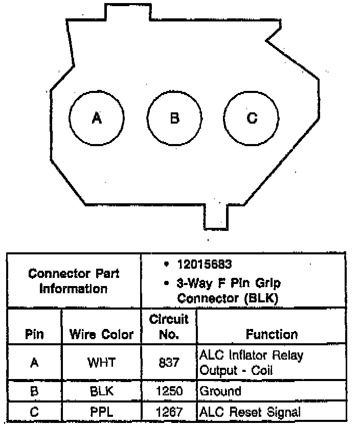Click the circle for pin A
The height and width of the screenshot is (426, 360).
[97, 118]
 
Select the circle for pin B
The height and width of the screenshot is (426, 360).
[174, 118]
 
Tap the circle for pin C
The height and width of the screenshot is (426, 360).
[252, 118]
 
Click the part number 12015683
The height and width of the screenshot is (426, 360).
[204, 265]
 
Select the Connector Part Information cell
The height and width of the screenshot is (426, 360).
[74, 281]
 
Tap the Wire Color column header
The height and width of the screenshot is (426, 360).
[101, 335]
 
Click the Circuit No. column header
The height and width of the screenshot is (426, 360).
[169, 327]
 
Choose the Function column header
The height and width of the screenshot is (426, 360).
[272, 335]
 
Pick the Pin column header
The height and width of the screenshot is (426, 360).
[34, 335]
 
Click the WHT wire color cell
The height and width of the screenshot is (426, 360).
[101, 363]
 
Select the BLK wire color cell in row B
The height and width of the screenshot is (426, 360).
[101, 392]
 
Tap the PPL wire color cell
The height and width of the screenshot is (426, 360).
[101, 412]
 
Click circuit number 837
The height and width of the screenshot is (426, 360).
[169, 363]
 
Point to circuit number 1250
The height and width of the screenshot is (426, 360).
[169, 392]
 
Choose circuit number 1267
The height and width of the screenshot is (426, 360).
[169, 412]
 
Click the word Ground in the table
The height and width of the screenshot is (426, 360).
[220, 392]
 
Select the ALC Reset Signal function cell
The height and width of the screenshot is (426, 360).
[250, 412]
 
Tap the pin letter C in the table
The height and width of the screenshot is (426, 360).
[34, 412]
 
